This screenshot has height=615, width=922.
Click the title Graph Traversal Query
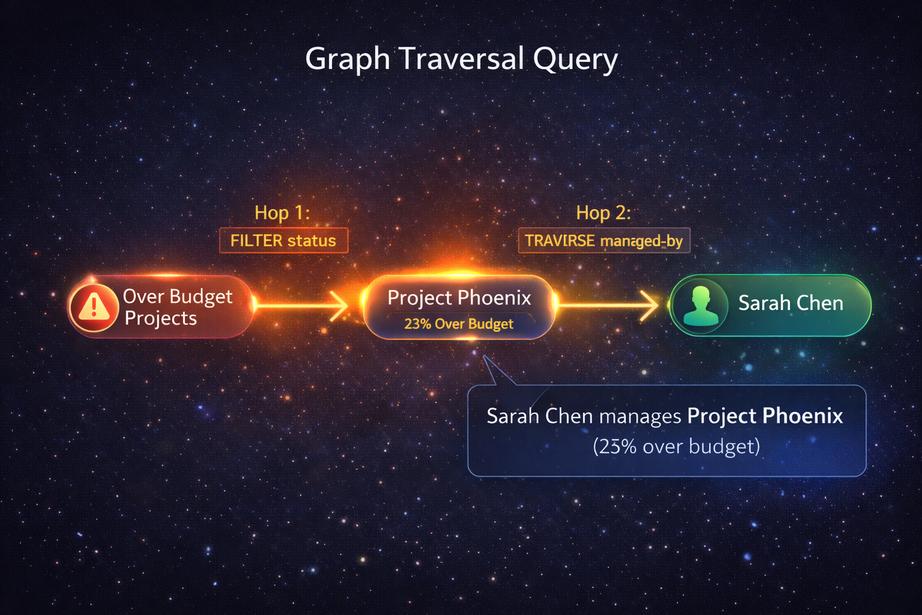(461, 59)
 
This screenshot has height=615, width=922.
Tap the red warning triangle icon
(94, 306)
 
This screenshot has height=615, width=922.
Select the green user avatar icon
(701, 305)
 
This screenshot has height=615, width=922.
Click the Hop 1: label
(282, 213)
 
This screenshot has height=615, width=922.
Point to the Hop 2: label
(603, 213)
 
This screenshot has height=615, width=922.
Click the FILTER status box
(283, 241)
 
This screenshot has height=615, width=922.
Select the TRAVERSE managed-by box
(604, 241)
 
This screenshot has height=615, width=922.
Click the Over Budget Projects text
(177, 307)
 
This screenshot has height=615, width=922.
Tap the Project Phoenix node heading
(459, 298)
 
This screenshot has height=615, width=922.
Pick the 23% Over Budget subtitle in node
(459, 324)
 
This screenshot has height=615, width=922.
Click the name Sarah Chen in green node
(791, 303)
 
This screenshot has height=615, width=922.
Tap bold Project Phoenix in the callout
(765, 416)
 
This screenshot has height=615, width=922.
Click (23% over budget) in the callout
(676, 447)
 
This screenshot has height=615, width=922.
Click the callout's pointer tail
(495, 372)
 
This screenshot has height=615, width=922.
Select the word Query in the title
(575, 59)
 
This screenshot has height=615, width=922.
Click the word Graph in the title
(348, 59)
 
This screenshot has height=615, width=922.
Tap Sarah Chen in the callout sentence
(540, 416)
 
